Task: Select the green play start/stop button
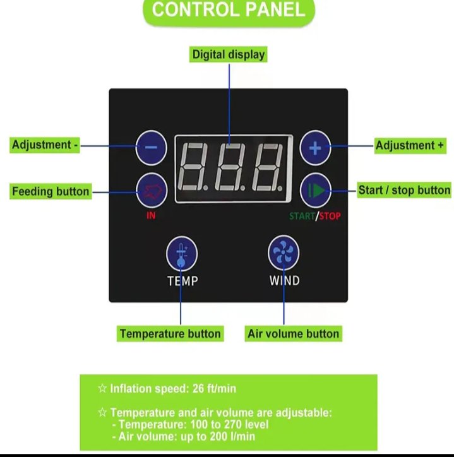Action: [315, 189]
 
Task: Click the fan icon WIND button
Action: [284, 253]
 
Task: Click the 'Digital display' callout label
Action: [229, 55]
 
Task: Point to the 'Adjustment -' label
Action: [45, 145]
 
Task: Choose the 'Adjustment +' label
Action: [410, 146]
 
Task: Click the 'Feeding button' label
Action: [51, 191]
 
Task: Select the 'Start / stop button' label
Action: [404, 189]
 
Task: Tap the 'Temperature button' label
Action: [170, 333]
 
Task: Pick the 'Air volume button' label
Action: [293, 333]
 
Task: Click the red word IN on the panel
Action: [151, 215]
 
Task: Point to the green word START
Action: [302, 217]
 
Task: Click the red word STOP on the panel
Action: [330, 217]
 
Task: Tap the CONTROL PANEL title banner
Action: [229, 11]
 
